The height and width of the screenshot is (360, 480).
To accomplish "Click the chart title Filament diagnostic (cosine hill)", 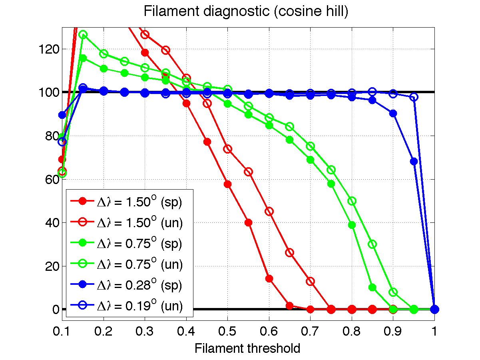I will click(246, 12).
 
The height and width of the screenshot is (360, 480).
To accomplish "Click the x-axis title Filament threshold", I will click(247, 348).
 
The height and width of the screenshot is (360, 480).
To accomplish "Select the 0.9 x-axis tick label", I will click(393, 332).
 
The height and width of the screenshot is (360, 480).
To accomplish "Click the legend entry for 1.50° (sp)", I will click(139, 202).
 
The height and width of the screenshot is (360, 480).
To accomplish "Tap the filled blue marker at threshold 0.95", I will click(414, 161).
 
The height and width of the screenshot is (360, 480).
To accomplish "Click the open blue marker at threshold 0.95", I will click(414, 97).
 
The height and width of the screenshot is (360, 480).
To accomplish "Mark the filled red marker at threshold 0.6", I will click(269, 278).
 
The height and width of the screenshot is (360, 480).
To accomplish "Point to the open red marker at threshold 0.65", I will click(290, 252).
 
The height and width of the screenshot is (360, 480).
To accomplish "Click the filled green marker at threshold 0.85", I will click(372, 287).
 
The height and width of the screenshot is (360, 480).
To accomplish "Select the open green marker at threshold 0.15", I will click(83, 35).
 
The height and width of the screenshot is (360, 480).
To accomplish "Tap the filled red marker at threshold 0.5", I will click(228, 184).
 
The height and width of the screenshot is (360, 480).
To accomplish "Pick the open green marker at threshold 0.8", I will click(352, 201).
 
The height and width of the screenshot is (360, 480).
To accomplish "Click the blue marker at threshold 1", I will click(434, 309).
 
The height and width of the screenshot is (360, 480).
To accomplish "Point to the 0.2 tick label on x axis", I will click(104, 332).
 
